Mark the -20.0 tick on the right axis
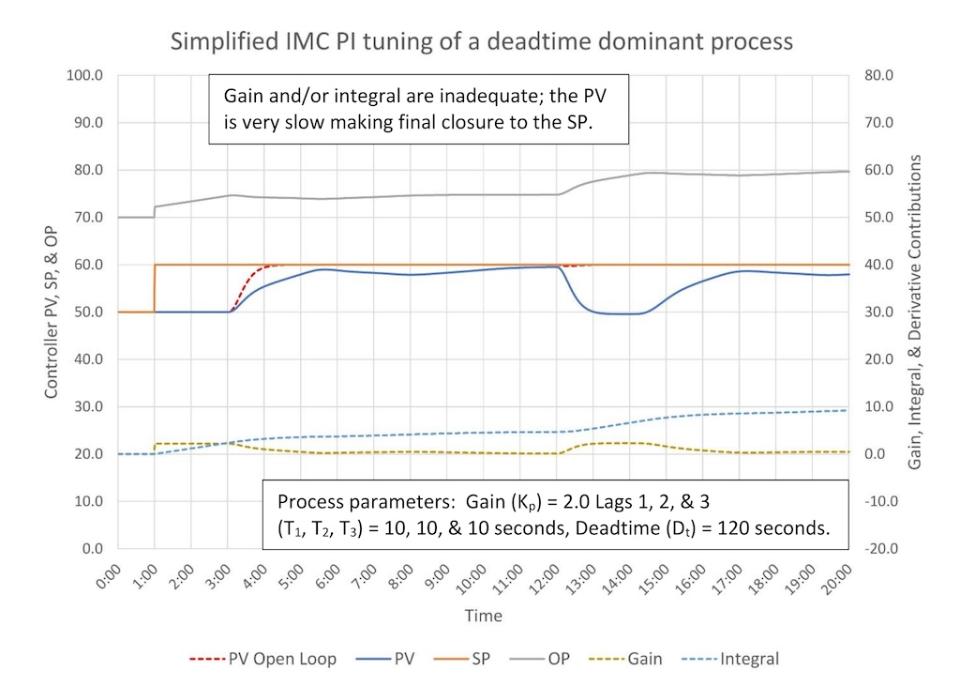[877, 548]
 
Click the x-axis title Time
[483, 616]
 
